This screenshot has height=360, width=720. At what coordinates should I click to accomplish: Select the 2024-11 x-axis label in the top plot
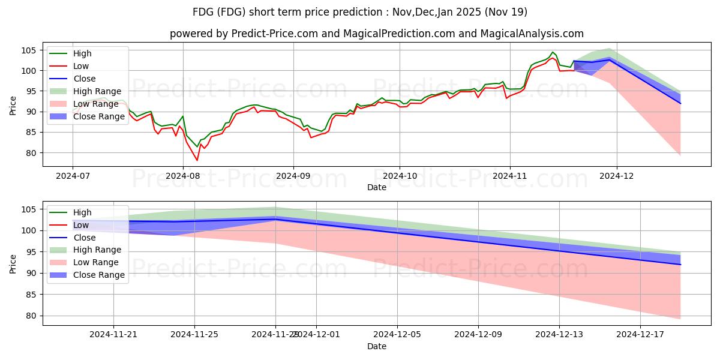click(510, 176)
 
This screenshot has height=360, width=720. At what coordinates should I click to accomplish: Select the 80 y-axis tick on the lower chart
click(31, 316)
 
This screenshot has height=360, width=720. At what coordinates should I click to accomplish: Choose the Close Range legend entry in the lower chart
click(99, 275)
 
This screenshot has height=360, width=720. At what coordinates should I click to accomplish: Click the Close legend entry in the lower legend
click(85, 238)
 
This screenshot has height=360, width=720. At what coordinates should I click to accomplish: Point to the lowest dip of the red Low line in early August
click(197, 160)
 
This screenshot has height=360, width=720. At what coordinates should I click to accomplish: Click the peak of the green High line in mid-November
click(553, 52)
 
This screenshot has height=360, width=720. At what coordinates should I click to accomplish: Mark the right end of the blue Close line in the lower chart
click(680, 265)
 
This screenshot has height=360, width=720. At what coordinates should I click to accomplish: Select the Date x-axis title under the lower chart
click(377, 346)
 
